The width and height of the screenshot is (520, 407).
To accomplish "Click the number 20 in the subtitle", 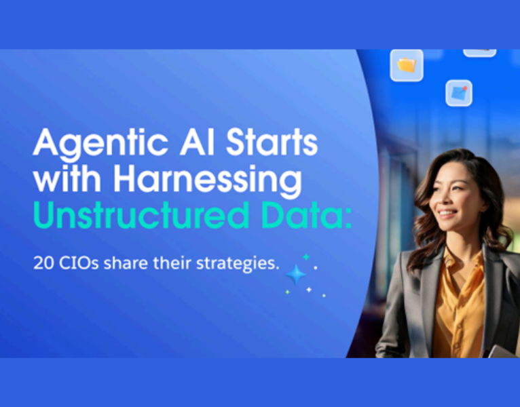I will click(x=41, y=263).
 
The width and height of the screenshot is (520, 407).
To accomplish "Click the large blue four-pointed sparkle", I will click(x=296, y=275).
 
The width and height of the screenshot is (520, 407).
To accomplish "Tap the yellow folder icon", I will click(x=407, y=65).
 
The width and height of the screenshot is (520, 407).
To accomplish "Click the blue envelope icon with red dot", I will click(x=459, y=93).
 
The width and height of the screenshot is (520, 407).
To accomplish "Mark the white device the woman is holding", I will click(x=502, y=351).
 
